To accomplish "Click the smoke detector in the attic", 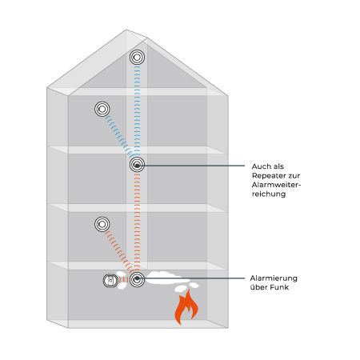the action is tap(137, 57).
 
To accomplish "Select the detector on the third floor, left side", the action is tap(102, 109).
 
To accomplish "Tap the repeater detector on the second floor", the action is tap(137, 165).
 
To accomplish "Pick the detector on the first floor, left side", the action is tap(102, 224).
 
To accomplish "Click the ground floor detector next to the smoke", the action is tap(137, 279).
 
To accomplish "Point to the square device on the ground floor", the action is tap(110, 281).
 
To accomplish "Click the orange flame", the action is tap(186, 306).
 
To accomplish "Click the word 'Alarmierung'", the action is tap(274, 278).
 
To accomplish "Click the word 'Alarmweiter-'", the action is tap(276, 185).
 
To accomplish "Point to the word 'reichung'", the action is tap(269, 194).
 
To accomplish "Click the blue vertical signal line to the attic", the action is tap(137, 110).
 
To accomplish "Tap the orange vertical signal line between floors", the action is tap(137, 222).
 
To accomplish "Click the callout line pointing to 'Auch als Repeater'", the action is tap(191, 166).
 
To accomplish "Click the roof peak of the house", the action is tap(126, 30).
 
